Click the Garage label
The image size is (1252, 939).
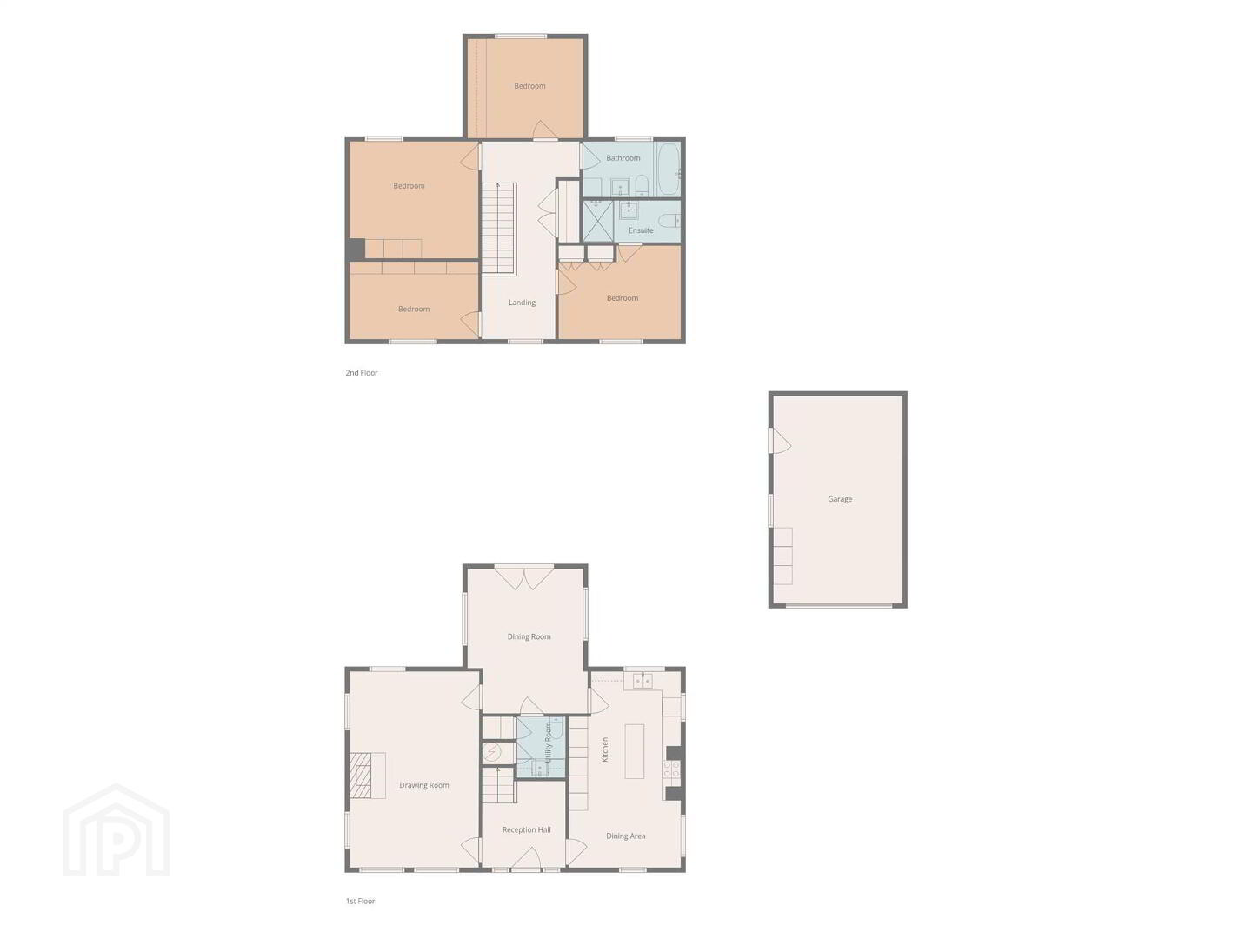click(840, 499)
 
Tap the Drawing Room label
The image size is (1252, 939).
click(423, 785)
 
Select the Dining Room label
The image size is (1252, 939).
click(529, 636)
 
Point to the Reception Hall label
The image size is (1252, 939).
click(526, 829)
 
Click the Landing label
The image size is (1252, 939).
click(522, 303)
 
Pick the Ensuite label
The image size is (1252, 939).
click(641, 230)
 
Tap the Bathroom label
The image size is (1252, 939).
click(623, 158)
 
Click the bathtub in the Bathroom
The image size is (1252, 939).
click(669, 170)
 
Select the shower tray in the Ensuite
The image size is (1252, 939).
click(597, 221)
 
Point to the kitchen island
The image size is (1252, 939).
click(635, 751)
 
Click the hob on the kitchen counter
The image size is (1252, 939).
click(671, 769)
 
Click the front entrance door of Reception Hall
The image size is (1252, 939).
click(525, 860)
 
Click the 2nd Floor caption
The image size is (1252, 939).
click(361, 372)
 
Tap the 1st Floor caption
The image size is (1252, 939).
click(360, 901)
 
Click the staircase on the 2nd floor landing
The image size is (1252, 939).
click(498, 228)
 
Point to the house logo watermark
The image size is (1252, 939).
click(116, 830)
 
